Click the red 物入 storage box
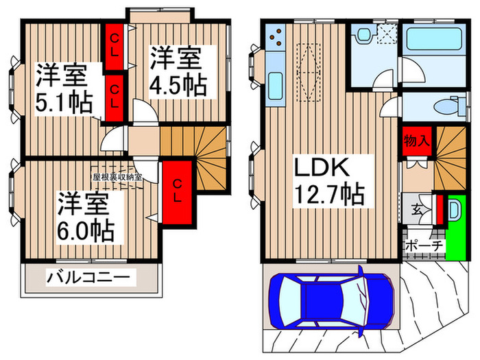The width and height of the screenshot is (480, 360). click(x=418, y=142)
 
